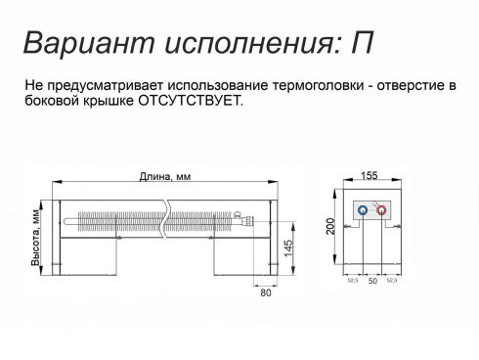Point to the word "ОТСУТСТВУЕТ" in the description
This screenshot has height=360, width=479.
pyautogui.click(x=188, y=101)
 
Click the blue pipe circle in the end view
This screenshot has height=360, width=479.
pyautogui.click(x=362, y=209)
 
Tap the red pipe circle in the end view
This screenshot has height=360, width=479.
pyautogui.click(x=382, y=209)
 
